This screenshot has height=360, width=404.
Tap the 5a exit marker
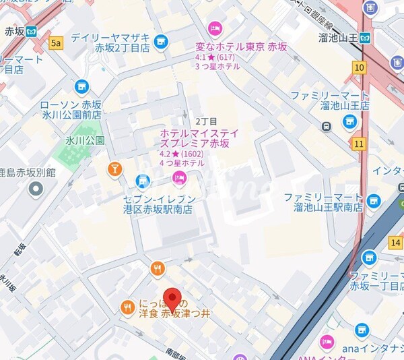click(x=57, y=44)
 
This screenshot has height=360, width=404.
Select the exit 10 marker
click(x=358, y=67)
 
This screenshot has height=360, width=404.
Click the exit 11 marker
click(x=358, y=144)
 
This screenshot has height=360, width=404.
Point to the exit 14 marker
click(x=395, y=241)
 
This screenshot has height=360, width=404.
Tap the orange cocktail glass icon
click(x=115, y=169)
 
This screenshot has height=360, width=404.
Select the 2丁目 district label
click(x=206, y=121)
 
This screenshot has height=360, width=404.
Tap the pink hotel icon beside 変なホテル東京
click(x=215, y=28)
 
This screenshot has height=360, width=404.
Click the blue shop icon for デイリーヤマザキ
click(x=160, y=42)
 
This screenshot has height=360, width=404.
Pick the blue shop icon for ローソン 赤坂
click(x=81, y=86)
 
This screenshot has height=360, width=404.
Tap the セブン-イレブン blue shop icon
click(x=142, y=180)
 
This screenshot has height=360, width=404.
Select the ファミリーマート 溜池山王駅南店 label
click(x=323, y=203)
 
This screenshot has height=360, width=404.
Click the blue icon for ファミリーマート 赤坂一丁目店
click(x=368, y=258)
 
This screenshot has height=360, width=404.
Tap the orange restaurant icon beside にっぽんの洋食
click(x=127, y=308)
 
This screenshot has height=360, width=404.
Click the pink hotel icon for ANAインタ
click(x=327, y=342)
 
